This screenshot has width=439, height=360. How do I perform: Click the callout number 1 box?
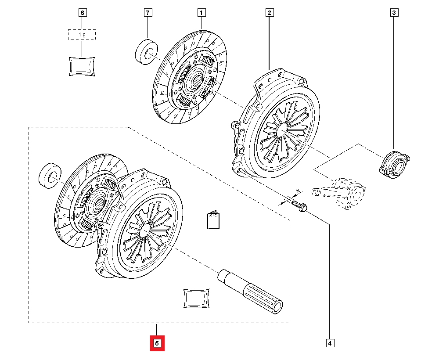point(202,13)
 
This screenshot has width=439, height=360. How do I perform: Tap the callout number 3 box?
point(394,13)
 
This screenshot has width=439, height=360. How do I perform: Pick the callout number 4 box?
point(329,342)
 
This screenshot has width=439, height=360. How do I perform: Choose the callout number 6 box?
point(82,13)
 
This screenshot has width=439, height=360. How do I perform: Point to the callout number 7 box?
point(147,13)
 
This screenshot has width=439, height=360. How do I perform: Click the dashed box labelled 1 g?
point(82,35)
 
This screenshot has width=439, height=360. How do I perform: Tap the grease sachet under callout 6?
point(82,66)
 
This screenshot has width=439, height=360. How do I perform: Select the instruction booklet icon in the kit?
point(213,221)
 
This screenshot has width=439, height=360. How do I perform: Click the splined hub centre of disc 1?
point(194,80)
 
